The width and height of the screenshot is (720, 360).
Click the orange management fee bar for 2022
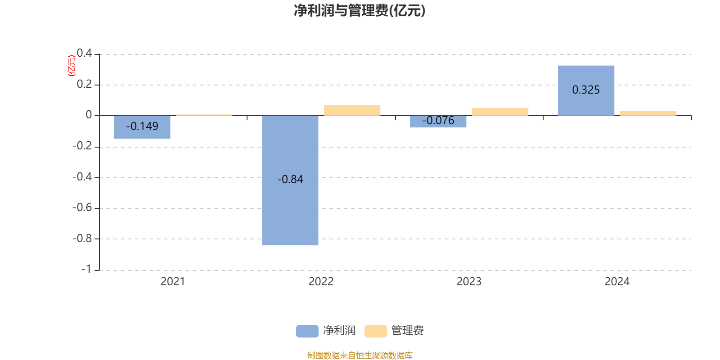click(x=352, y=110)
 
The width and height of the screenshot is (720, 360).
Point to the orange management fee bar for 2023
click(x=500, y=112)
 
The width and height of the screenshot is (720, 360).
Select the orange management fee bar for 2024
click(x=648, y=113)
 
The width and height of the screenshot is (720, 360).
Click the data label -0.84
click(x=290, y=180)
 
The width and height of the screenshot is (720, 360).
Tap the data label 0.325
click(x=586, y=90)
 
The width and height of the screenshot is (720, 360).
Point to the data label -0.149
click(x=142, y=126)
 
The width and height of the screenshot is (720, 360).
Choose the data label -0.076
click(x=438, y=121)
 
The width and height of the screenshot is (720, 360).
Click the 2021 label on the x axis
click(x=173, y=282)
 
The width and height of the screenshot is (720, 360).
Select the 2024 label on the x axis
click(x=617, y=282)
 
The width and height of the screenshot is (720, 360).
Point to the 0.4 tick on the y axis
click(x=84, y=53)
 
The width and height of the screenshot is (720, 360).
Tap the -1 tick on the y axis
click(x=86, y=269)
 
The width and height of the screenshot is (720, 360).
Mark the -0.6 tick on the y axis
click(x=82, y=207)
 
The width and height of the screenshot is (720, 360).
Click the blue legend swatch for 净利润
click(x=307, y=331)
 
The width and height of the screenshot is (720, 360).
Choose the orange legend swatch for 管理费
click(x=375, y=331)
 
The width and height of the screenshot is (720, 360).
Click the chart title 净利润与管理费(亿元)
click(x=360, y=10)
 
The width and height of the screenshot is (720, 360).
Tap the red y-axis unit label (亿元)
click(x=71, y=66)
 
